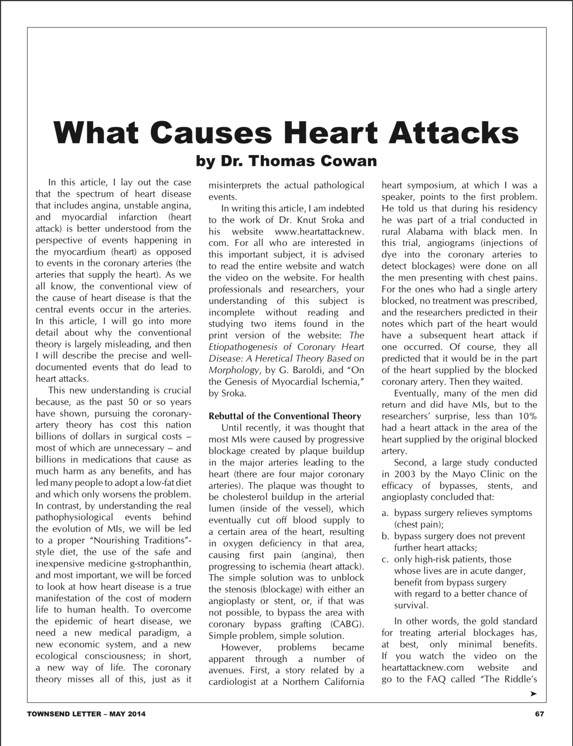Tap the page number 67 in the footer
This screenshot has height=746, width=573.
pyautogui.click(x=540, y=714)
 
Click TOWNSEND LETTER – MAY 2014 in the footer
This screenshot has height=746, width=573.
pyautogui.click(x=86, y=714)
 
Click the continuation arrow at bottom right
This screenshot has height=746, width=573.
pyautogui.click(x=533, y=694)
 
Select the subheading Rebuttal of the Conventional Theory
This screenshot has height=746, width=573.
pyautogui.click(x=285, y=416)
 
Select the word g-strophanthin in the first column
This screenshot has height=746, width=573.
pyautogui.click(x=161, y=563)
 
